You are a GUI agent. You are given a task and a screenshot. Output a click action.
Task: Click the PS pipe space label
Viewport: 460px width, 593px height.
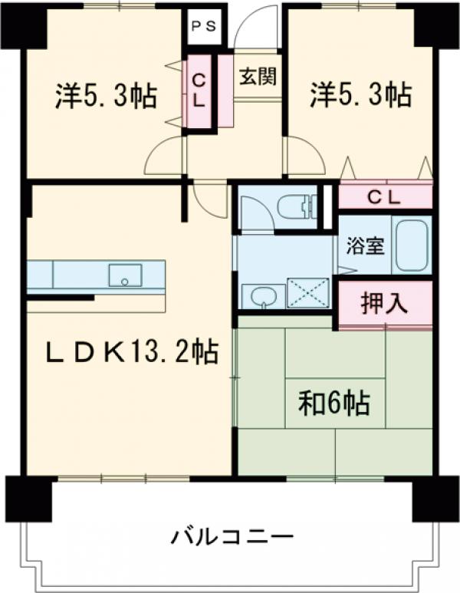coord(203,25)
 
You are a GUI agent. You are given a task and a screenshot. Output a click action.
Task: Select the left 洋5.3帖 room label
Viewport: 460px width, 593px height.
coord(106,97)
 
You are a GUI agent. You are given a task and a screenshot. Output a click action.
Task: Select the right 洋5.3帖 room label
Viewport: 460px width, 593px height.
coord(360,97)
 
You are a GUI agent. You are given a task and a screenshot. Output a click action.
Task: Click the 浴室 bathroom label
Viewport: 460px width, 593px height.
coord(364,248)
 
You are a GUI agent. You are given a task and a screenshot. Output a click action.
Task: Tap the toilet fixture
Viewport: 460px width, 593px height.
coord(295,207)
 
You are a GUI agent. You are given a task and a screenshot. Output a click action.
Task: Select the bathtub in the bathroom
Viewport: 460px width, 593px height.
coord(412,245)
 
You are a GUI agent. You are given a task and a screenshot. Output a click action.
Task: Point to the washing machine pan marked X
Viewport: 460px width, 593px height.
coord(308,294)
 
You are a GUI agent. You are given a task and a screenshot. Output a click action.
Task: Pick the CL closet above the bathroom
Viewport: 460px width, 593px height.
coord(384,197)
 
